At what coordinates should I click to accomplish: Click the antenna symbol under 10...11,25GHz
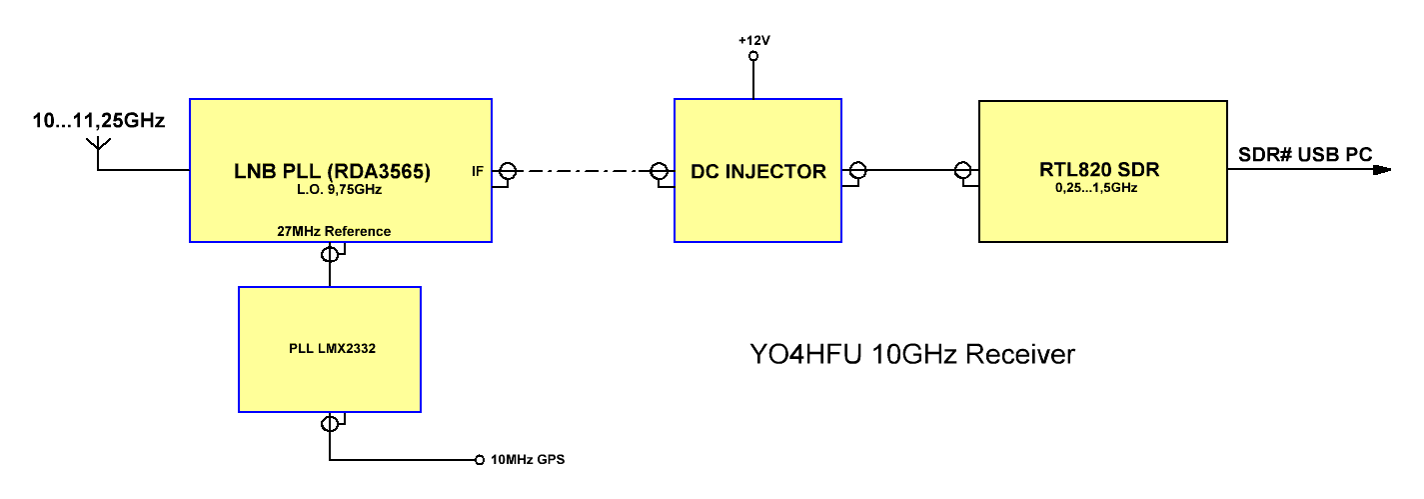98,148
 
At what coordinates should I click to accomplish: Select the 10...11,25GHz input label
98,121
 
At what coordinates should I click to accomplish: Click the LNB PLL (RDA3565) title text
340,171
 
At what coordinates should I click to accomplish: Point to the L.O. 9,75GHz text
340,189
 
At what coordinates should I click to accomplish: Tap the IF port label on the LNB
478,172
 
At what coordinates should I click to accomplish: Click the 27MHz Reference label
334,231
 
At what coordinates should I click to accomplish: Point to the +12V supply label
754,40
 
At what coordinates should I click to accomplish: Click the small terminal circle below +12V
753,57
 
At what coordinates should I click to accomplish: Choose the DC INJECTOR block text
757,171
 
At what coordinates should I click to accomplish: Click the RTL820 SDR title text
1102,170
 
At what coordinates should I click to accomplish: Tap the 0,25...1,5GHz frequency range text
1102,187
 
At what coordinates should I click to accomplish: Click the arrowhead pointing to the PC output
1382,170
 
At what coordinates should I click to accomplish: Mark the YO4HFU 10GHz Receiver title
912,354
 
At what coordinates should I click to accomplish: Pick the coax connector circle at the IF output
507,171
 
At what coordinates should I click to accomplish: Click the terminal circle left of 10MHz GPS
479,461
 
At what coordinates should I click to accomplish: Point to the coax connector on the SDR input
962,170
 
